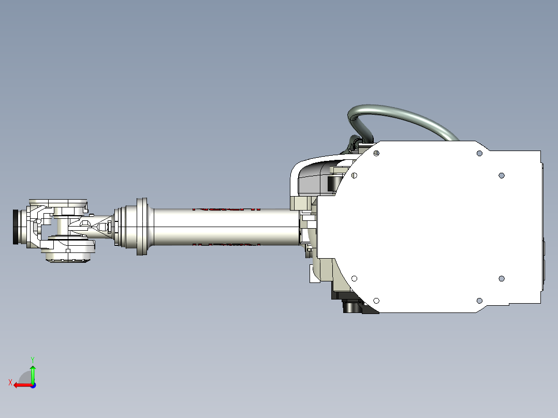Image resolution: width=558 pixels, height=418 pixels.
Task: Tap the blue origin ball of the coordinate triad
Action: pos(33,385)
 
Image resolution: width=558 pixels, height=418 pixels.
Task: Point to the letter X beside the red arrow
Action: pos(10,382)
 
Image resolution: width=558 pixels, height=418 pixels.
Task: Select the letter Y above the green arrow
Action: pos(33,359)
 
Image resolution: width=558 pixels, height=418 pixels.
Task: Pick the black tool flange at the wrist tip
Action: pos(16,227)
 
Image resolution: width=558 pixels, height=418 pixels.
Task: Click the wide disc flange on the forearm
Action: pos(142,226)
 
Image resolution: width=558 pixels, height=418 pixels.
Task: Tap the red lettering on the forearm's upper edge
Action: pos(226,209)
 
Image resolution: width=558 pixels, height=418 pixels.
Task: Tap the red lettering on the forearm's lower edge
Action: pos(226,244)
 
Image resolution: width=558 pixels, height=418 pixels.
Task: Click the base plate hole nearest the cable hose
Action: pos(376,153)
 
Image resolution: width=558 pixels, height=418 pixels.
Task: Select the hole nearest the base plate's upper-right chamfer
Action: pos(479,153)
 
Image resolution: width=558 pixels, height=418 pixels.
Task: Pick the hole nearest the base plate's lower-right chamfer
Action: pos(479,301)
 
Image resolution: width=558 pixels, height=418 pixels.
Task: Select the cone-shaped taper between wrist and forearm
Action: pos(98,227)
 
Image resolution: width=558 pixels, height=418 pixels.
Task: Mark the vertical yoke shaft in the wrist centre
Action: pos(62,226)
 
